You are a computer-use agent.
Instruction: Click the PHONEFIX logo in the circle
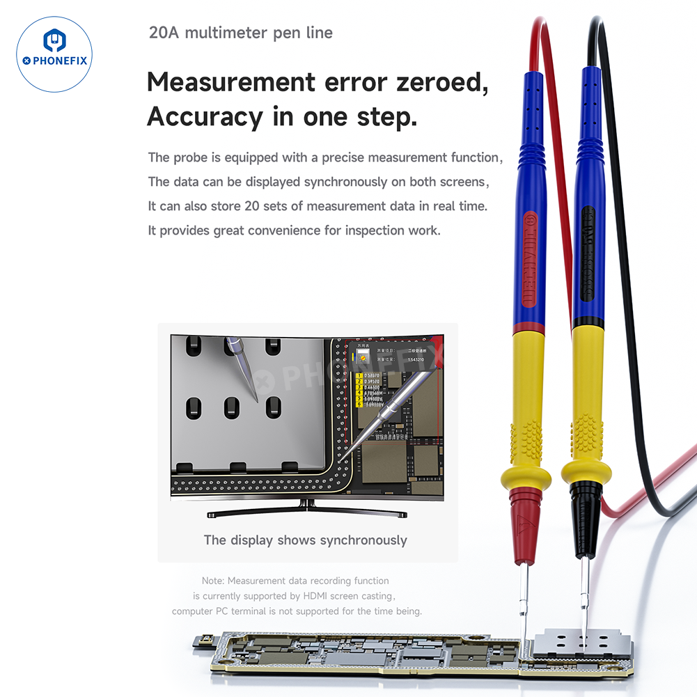(54, 54)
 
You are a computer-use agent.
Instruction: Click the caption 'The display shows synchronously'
(305, 540)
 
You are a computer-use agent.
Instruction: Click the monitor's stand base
(307, 513)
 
